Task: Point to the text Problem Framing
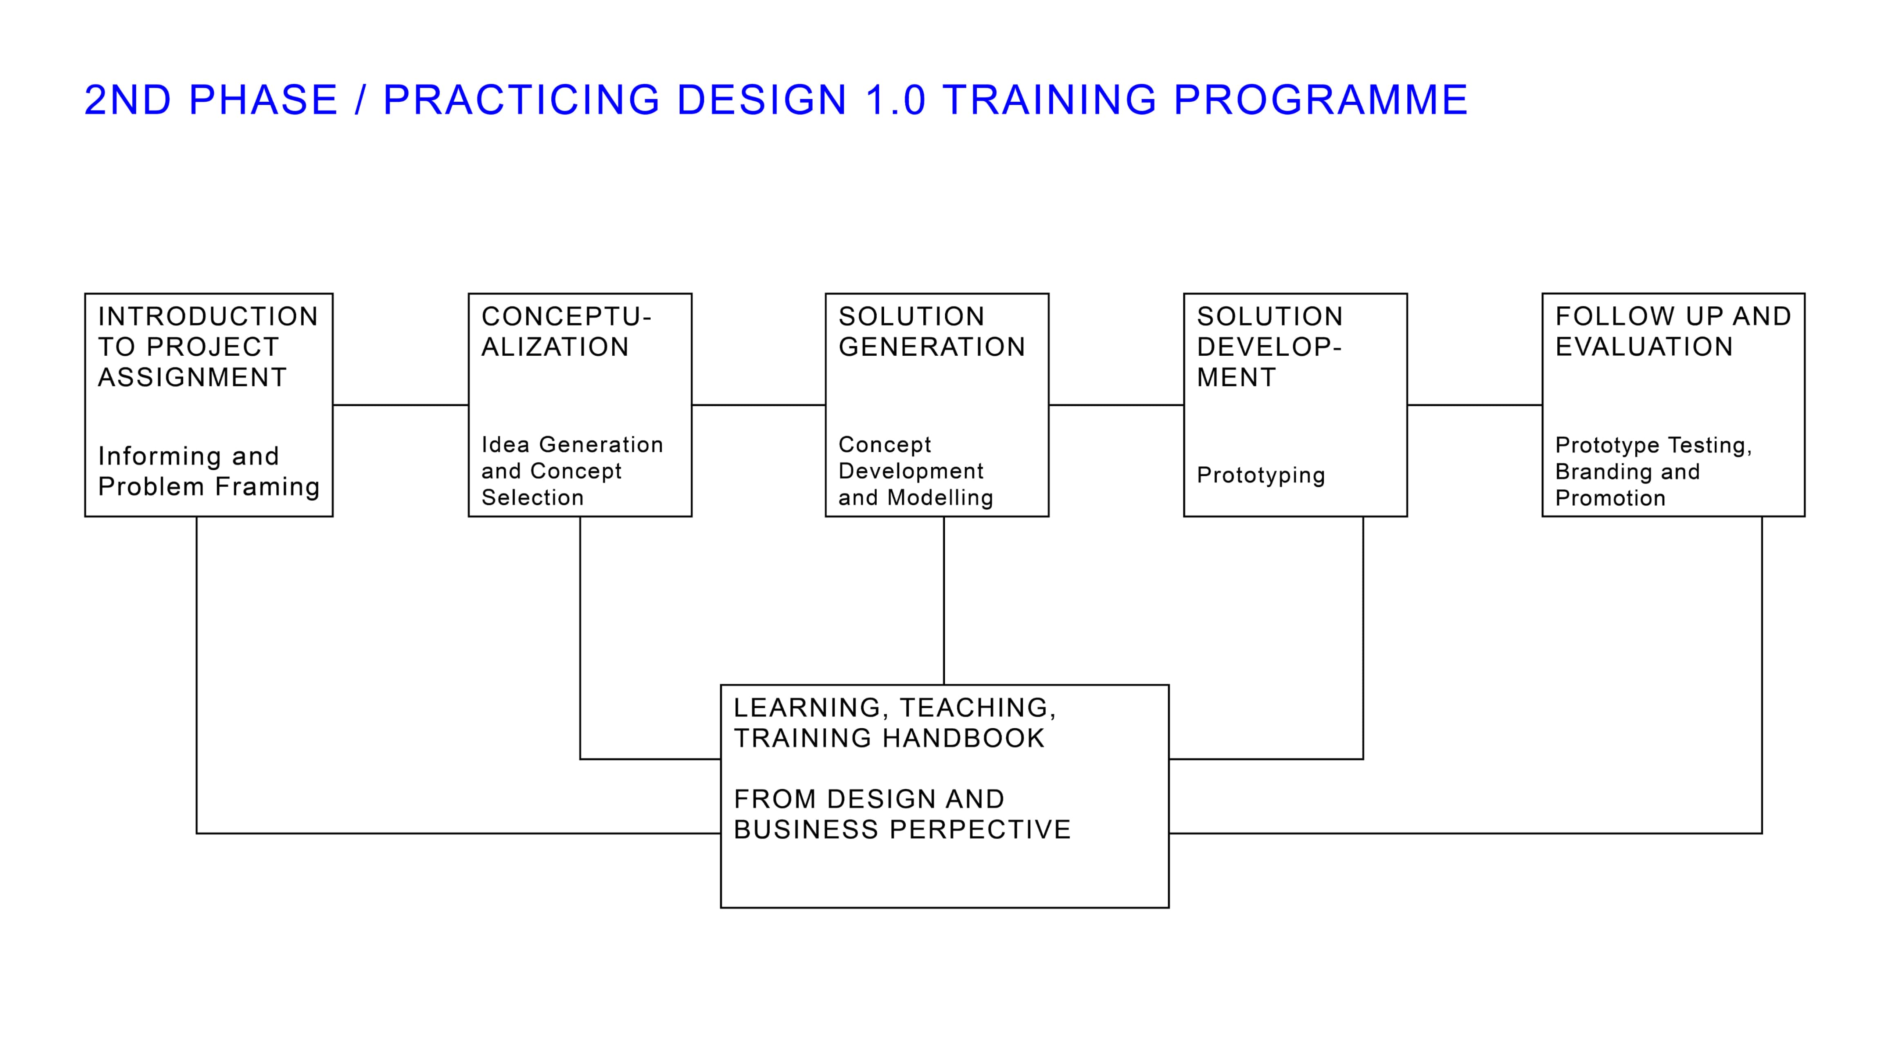tap(209, 486)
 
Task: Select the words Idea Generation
tap(572, 444)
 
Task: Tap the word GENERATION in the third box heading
tap(932, 347)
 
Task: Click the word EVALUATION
tap(1644, 347)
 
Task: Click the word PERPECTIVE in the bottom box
tap(980, 830)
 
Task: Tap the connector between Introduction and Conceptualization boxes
tap(401, 405)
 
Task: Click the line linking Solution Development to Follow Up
tap(1475, 405)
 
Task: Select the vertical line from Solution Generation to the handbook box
tap(943, 601)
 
